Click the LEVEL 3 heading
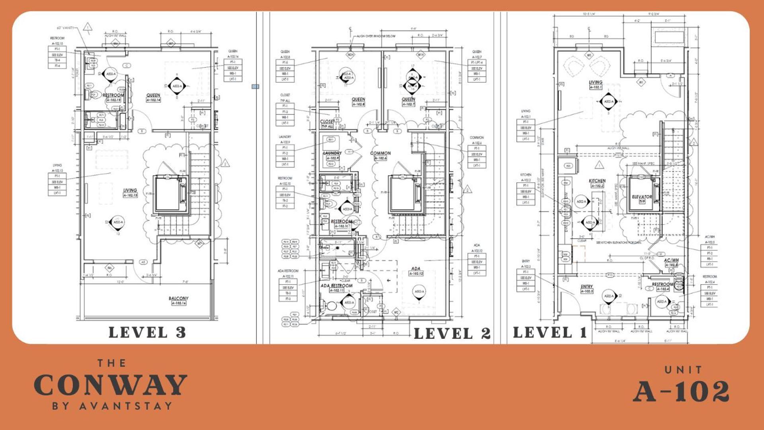[147, 332]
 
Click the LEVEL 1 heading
[550, 332]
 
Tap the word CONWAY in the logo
[110, 385]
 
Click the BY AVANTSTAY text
[112, 406]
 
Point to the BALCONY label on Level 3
[178, 298]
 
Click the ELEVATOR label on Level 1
[642, 197]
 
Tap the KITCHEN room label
[597, 181]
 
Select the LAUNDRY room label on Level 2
[332, 153]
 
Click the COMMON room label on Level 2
[380, 153]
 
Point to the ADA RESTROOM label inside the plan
[336, 285]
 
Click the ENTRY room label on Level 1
[586, 286]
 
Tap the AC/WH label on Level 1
[671, 260]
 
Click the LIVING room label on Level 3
[130, 190]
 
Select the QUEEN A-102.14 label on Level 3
[153, 95]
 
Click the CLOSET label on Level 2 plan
[327, 121]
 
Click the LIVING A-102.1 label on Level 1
[596, 82]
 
